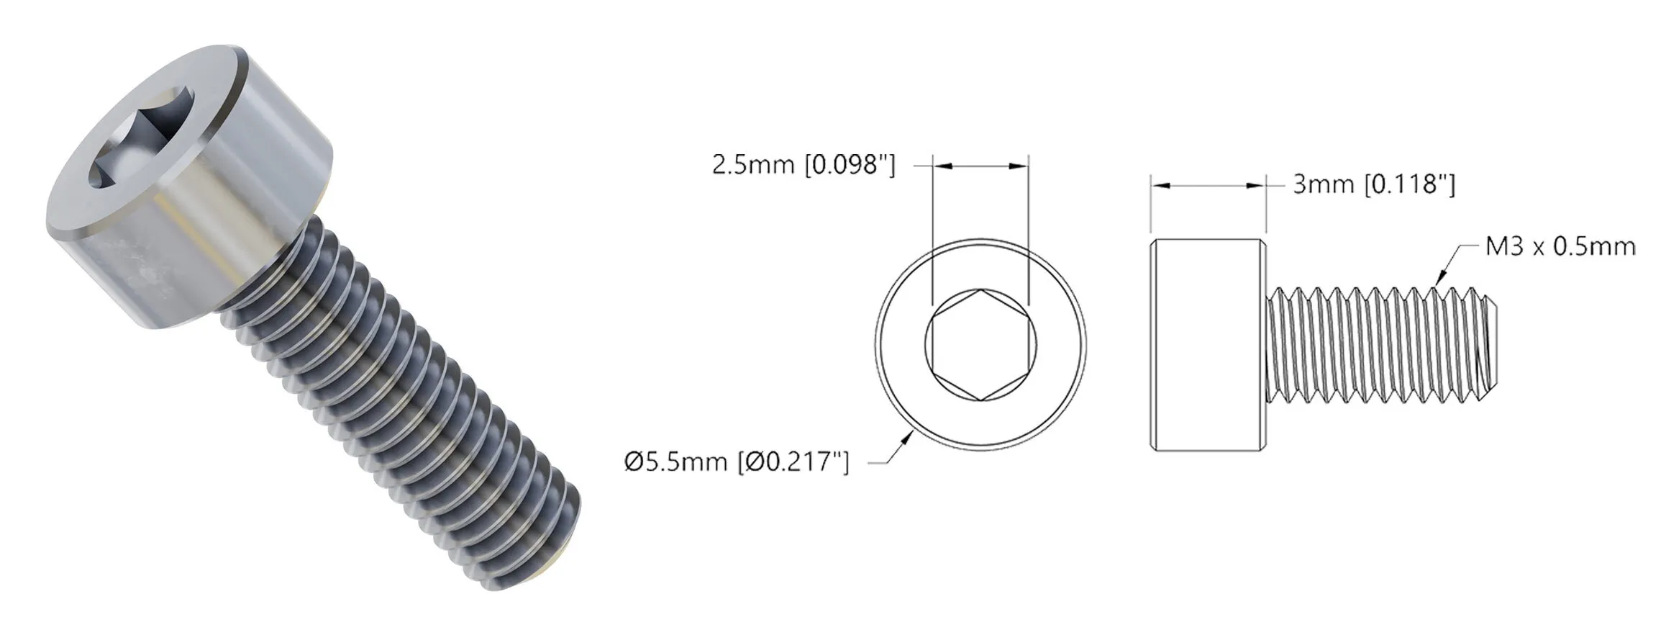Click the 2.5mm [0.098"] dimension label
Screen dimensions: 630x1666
(804, 166)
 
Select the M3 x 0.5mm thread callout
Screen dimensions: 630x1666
(1560, 247)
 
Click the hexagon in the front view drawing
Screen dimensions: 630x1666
(980, 346)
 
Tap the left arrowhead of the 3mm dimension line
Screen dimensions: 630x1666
(1160, 186)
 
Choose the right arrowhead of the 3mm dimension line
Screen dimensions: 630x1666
(1257, 186)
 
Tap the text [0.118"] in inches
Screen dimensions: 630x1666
(1410, 185)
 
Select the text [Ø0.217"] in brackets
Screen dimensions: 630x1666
(793, 462)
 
